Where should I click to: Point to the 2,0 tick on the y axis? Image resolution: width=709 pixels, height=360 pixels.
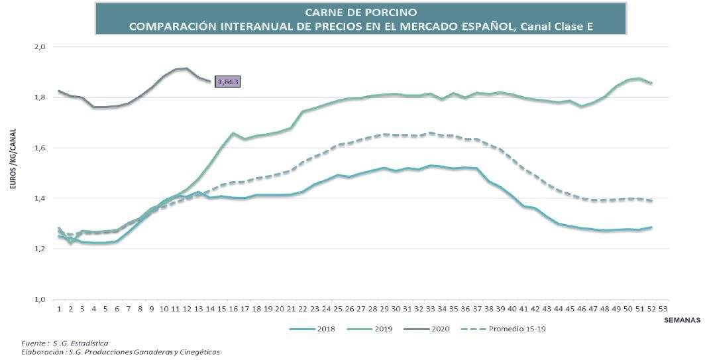(39, 47)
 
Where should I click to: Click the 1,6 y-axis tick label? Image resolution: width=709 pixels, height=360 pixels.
(39, 148)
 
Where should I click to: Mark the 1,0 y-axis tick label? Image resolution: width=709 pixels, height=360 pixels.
(39, 299)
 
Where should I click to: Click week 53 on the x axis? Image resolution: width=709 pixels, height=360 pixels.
(663, 308)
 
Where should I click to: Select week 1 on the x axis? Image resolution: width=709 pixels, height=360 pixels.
(59, 308)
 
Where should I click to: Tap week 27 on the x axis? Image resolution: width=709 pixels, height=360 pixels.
(360, 308)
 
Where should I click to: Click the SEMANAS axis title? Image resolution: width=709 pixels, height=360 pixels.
(682, 319)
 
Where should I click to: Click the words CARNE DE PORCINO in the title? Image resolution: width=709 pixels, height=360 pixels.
(360, 12)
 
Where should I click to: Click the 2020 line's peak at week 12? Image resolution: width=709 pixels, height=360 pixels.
(187, 68)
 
